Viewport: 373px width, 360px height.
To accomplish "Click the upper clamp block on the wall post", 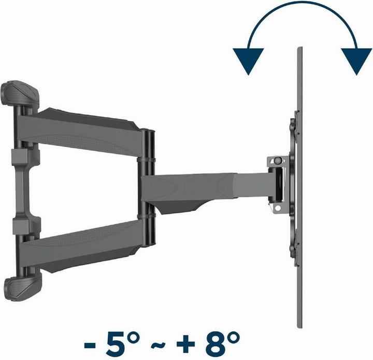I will click(x=20, y=155).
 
